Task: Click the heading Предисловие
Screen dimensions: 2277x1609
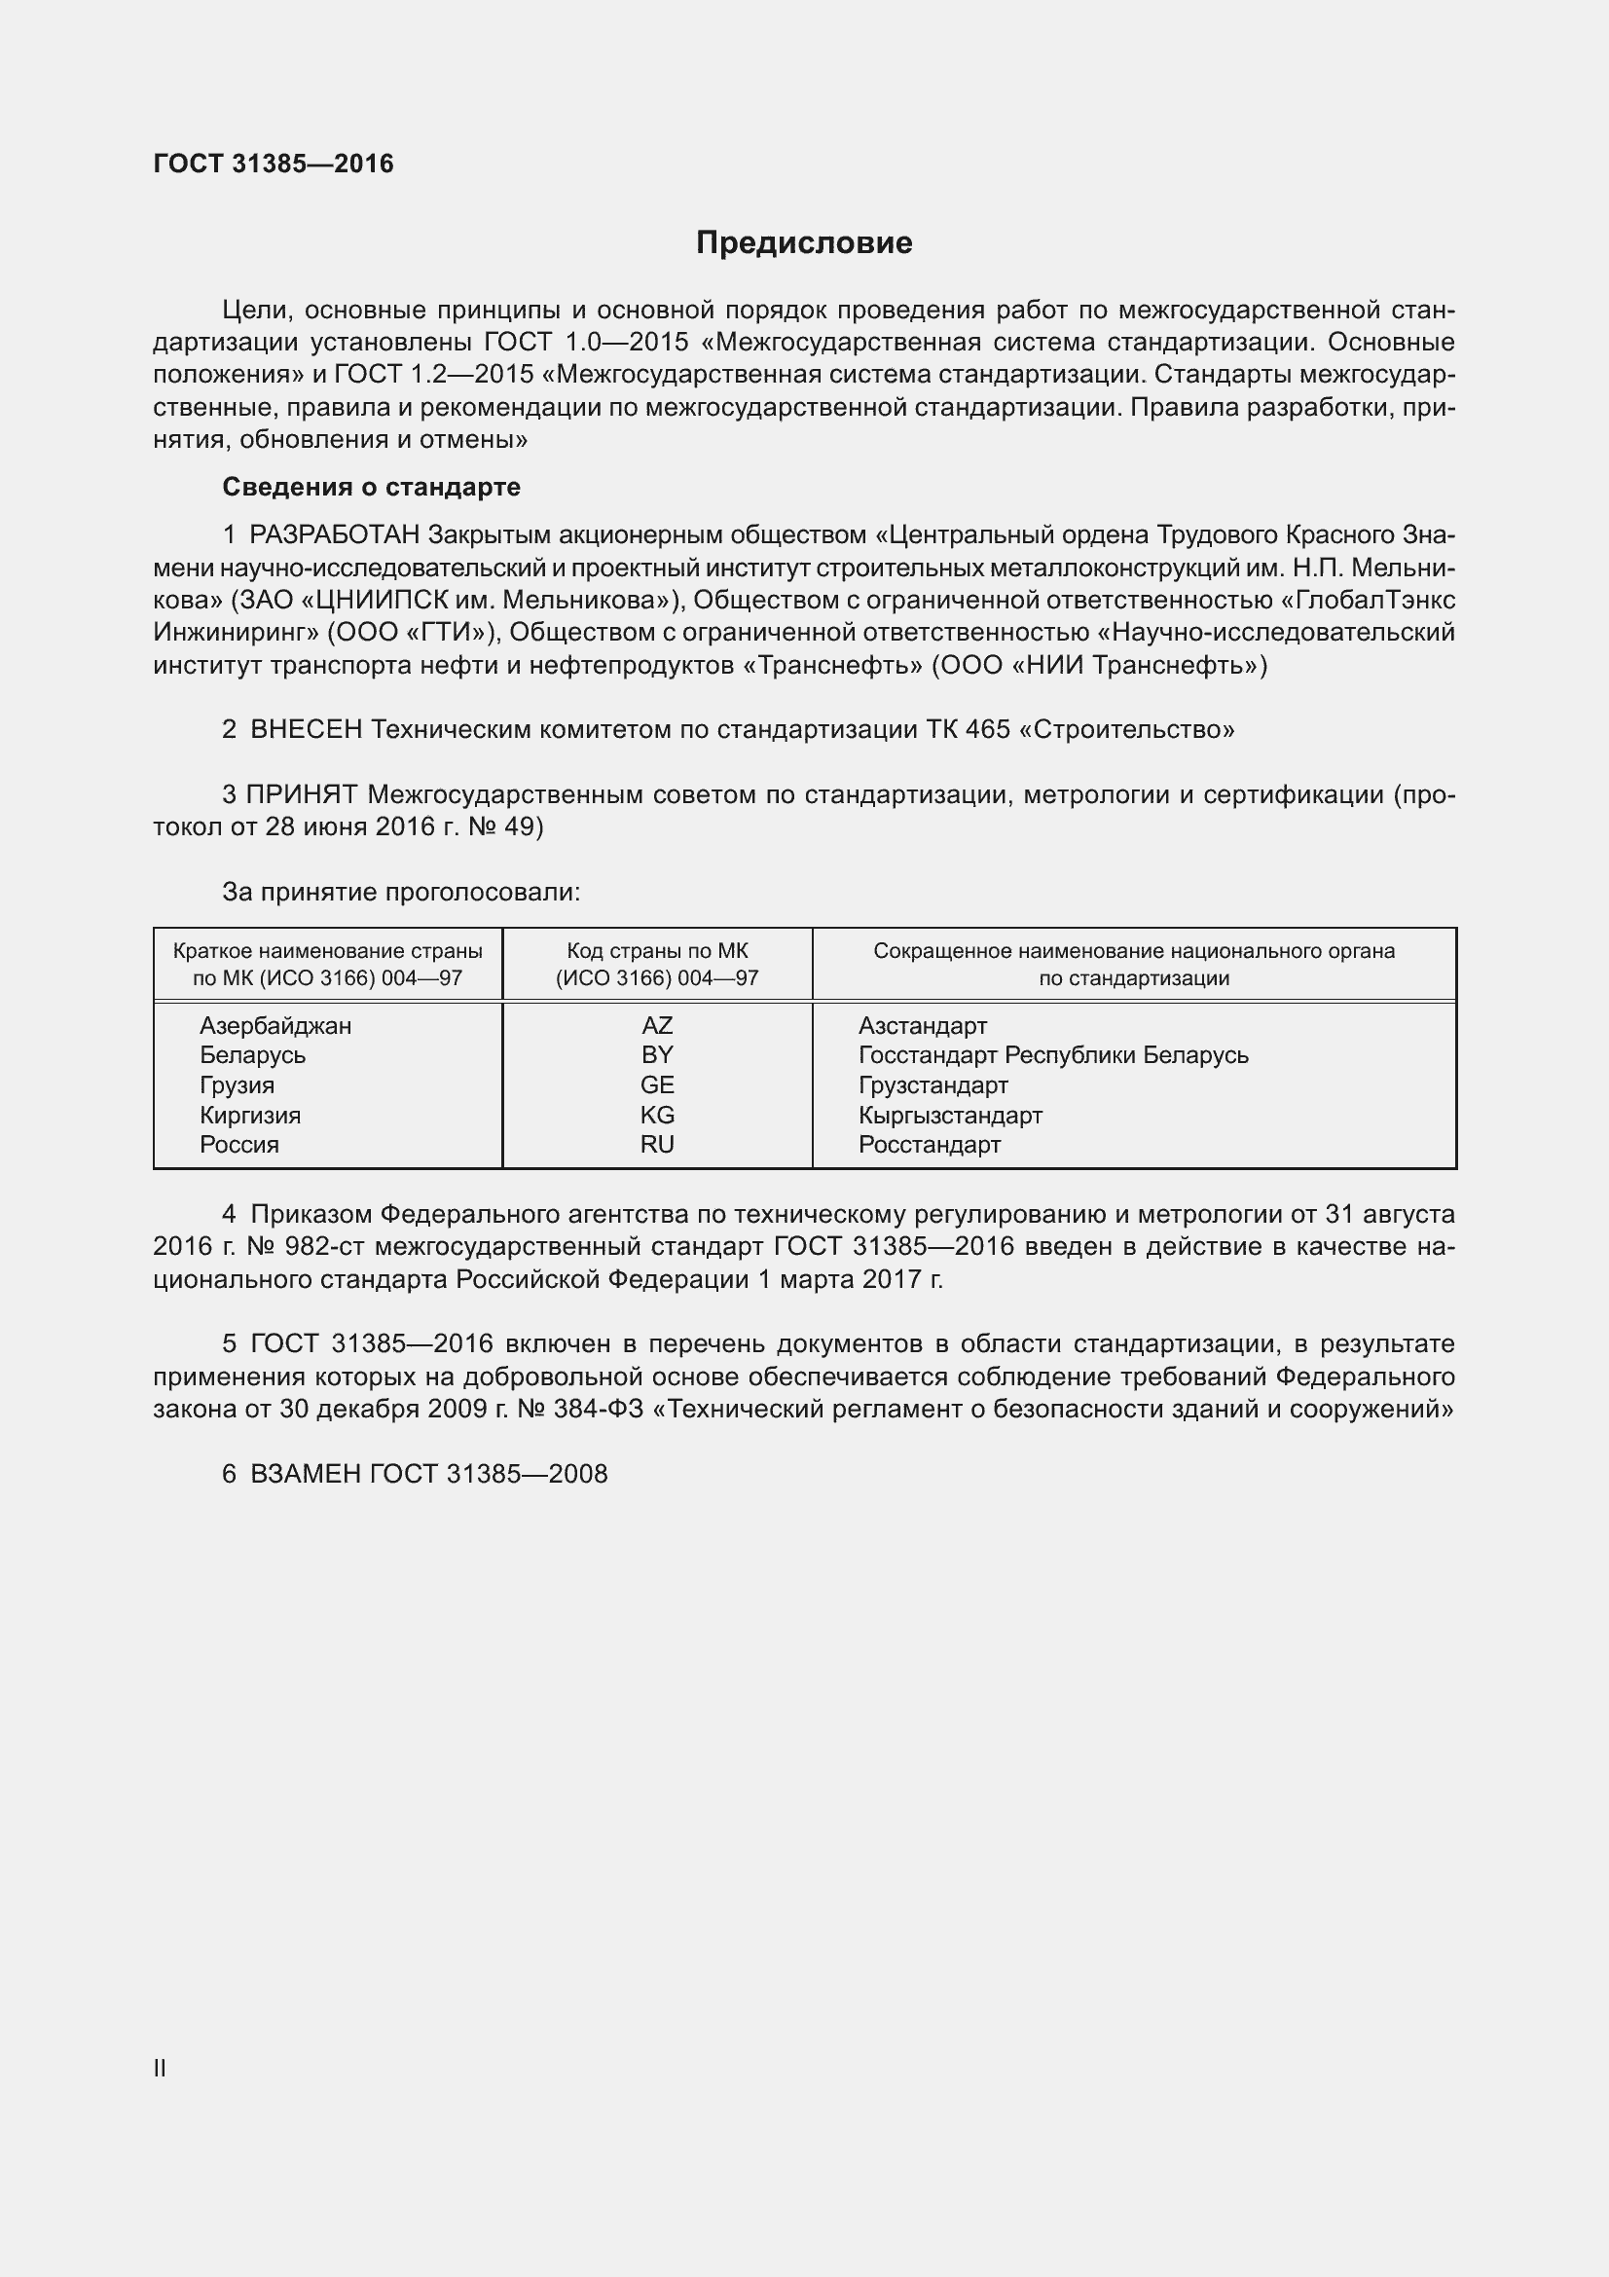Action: [804, 243]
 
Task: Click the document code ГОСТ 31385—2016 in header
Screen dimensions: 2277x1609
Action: [274, 164]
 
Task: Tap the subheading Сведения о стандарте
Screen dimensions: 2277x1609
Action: [371, 487]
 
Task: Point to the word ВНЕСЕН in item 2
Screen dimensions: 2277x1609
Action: [307, 730]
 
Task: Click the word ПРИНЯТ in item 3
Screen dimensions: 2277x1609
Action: [302, 795]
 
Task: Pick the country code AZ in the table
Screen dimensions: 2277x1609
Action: [656, 1025]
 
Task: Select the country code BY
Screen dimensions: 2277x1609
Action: [656, 1055]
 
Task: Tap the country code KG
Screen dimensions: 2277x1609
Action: [656, 1115]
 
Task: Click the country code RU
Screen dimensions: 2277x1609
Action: [656, 1145]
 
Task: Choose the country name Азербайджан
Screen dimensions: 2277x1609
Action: [275, 1025]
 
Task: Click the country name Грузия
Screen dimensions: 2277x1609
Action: [237, 1084]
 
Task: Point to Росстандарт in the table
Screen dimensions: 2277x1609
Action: [929, 1145]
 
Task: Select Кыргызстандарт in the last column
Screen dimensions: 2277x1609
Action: [950, 1115]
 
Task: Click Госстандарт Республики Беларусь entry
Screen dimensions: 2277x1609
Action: [1053, 1055]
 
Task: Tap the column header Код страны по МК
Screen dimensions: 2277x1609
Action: [656, 951]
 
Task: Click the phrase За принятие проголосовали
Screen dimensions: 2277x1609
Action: [400, 893]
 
